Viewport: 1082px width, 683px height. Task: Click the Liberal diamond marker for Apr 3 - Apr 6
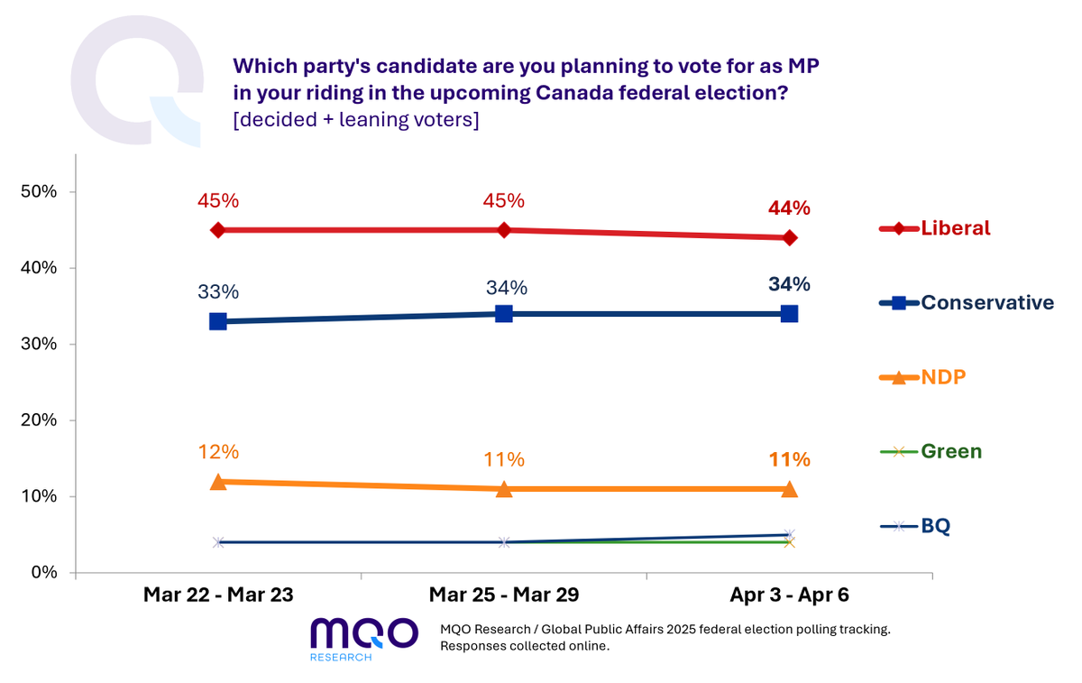(x=789, y=237)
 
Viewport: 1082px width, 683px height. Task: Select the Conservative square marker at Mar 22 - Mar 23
(x=217, y=321)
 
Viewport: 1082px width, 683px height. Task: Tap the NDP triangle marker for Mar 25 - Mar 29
(x=504, y=489)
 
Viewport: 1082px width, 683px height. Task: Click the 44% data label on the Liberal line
(x=789, y=208)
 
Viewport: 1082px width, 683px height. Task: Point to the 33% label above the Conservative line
(x=217, y=292)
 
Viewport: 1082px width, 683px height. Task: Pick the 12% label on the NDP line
(x=217, y=452)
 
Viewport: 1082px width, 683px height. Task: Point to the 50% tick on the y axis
(x=39, y=192)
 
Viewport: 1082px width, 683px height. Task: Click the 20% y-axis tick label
(x=39, y=420)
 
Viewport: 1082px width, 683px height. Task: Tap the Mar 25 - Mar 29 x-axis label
(x=503, y=595)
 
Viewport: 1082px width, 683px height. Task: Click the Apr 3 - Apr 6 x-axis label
(x=789, y=595)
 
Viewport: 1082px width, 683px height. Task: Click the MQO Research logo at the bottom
(x=363, y=638)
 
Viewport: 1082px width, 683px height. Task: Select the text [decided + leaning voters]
(x=355, y=120)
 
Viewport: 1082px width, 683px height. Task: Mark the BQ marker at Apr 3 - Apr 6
(x=789, y=535)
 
